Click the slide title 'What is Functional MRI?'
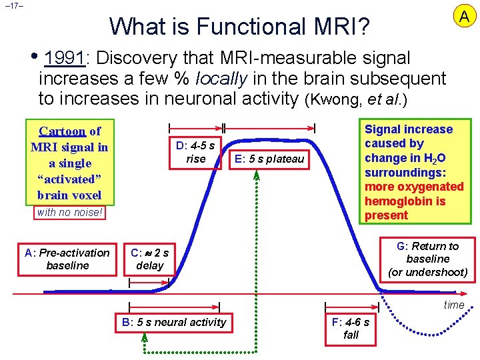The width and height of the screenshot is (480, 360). coord(240,26)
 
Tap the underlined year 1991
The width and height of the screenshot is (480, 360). coord(65,57)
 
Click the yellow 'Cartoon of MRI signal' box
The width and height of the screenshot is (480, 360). coord(69,163)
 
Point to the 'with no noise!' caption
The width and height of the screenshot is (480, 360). coord(69,213)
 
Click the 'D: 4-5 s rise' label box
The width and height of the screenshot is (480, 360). coord(195,152)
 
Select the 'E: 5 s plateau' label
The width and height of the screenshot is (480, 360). coord(267,159)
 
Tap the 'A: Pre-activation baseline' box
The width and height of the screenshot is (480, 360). coord(67,259)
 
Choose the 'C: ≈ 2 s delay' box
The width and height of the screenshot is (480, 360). coord(149,259)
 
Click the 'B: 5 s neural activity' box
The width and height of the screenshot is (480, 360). coord(174,323)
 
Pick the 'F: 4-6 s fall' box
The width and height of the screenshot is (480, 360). coord(351,329)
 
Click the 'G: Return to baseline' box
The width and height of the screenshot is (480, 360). coord(427,259)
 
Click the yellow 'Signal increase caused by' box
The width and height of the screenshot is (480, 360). coord(413,172)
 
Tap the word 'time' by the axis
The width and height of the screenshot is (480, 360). coord(454,305)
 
